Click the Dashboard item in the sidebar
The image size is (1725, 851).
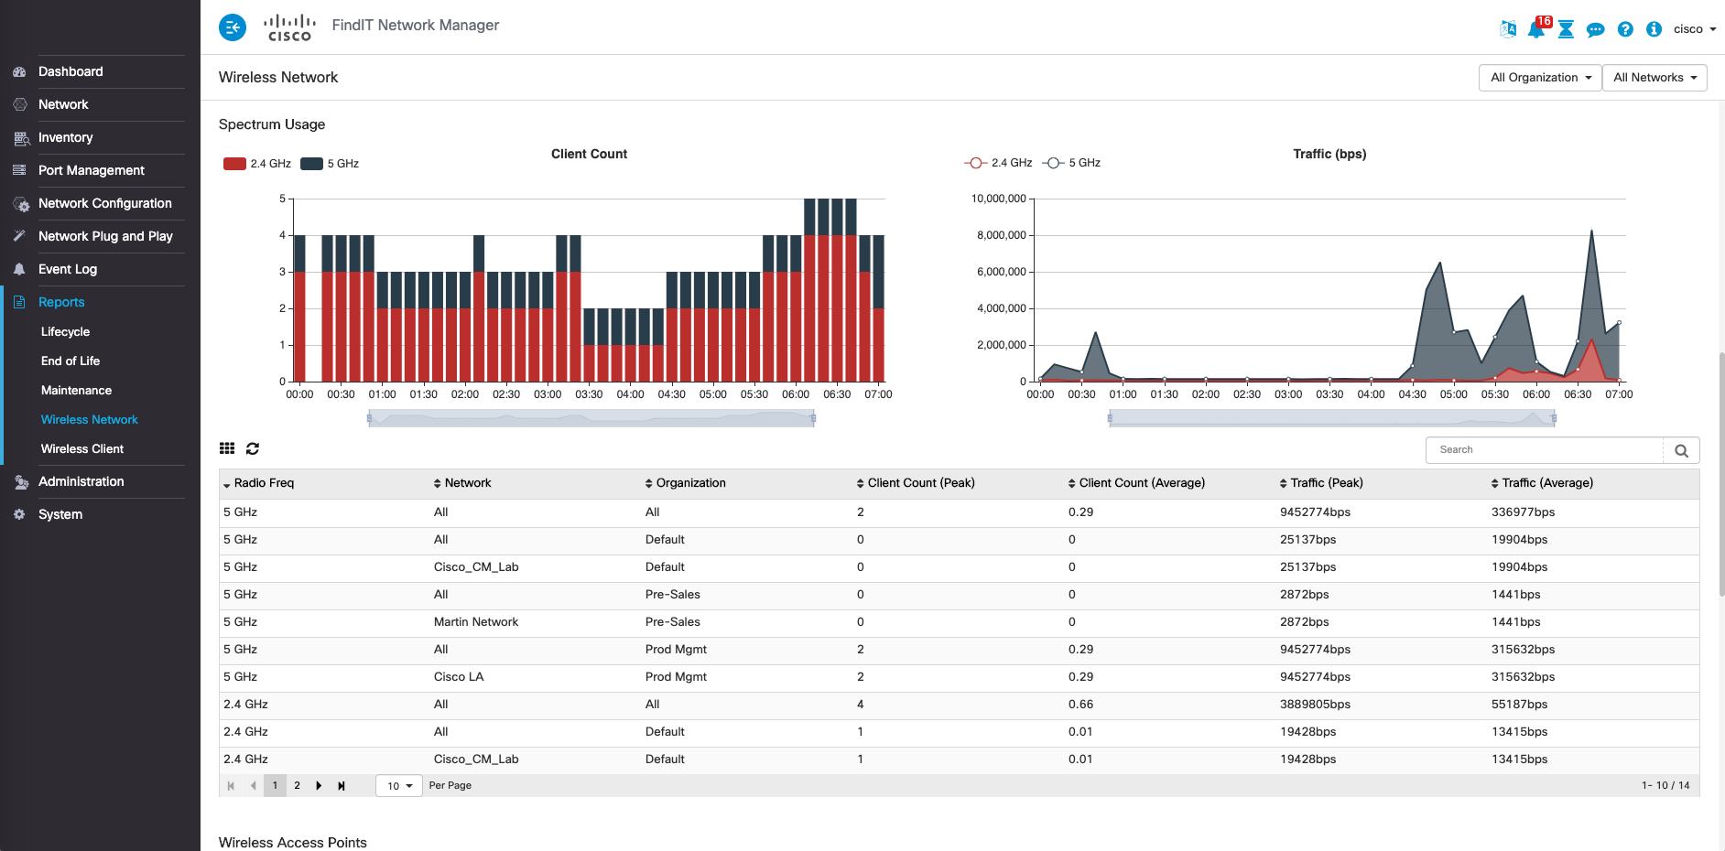coord(71,71)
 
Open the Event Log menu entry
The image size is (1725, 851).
coord(68,269)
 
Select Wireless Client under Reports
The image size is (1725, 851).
coord(82,448)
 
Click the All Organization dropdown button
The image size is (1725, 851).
coord(1540,78)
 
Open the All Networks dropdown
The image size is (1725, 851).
coord(1654,78)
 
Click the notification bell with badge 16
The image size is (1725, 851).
coord(1536,29)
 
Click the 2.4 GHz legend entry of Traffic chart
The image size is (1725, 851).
coord(999,163)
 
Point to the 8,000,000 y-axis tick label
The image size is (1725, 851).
coord(1001,235)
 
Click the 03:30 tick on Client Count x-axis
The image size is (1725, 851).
coord(589,394)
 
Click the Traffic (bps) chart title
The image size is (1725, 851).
coord(1329,154)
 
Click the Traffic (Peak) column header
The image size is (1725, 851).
coord(1326,483)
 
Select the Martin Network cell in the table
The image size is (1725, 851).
coord(476,622)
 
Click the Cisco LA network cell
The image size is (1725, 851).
coord(459,677)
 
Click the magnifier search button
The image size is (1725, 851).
coord(1681,450)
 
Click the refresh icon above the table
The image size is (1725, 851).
coord(253,448)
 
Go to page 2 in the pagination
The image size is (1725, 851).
coord(297,785)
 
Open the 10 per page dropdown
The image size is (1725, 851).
coord(399,786)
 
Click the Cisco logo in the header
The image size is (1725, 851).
coord(289,27)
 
